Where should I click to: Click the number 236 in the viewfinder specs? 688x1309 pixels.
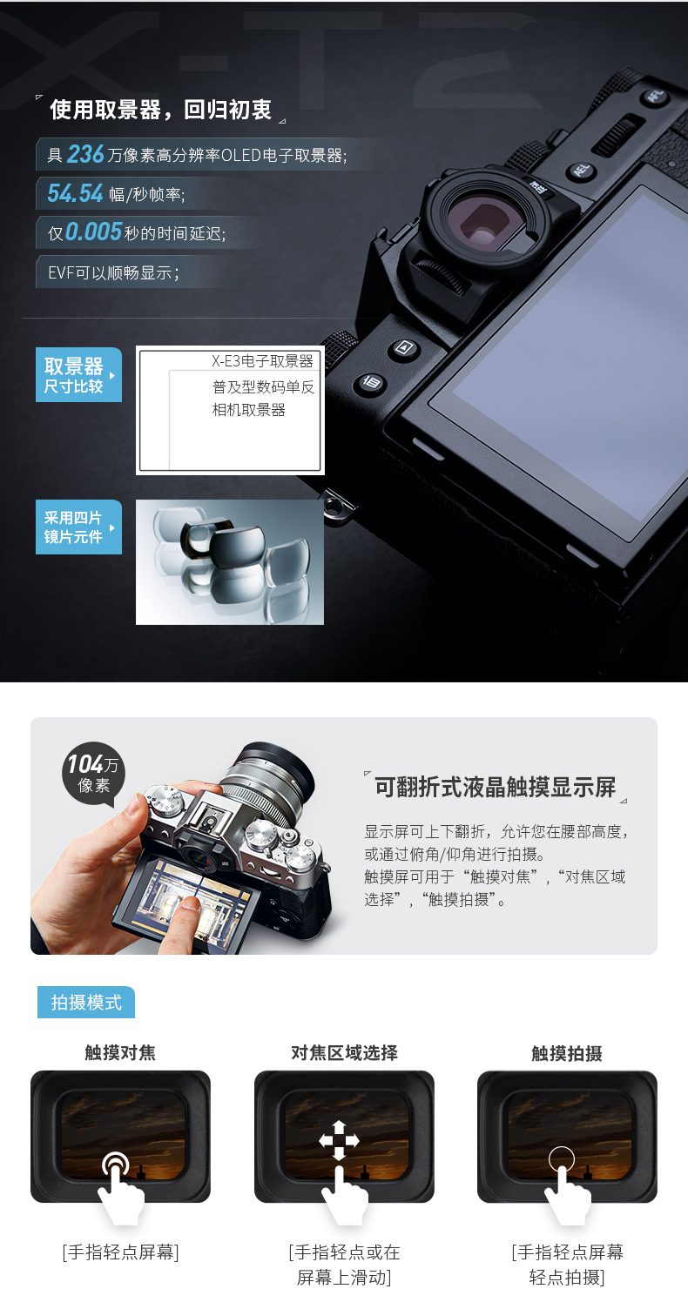coord(85,154)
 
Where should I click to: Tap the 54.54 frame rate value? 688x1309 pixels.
coord(75,193)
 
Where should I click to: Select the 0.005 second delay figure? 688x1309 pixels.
coord(93,232)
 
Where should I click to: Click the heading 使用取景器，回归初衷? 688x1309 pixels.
coord(161,110)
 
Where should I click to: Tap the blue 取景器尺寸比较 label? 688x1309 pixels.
coord(78,374)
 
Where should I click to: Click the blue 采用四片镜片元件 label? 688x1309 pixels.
coord(78,527)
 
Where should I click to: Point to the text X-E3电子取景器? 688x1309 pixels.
coord(262,361)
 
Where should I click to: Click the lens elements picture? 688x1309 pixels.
coord(230,562)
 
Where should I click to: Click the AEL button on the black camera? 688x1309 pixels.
coord(580,170)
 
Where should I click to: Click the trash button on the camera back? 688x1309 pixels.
coord(370,384)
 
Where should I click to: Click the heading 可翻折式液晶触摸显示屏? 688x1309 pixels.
coord(496,787)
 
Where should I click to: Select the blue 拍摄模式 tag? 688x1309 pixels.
coord(86,1003)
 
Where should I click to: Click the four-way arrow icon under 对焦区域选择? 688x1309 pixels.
coord(339,1140)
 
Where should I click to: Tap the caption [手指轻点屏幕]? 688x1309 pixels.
coord(120,1252)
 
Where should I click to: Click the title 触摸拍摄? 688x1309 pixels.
coord(567,1053)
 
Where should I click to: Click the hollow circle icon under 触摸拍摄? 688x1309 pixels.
coord(562,1158)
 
